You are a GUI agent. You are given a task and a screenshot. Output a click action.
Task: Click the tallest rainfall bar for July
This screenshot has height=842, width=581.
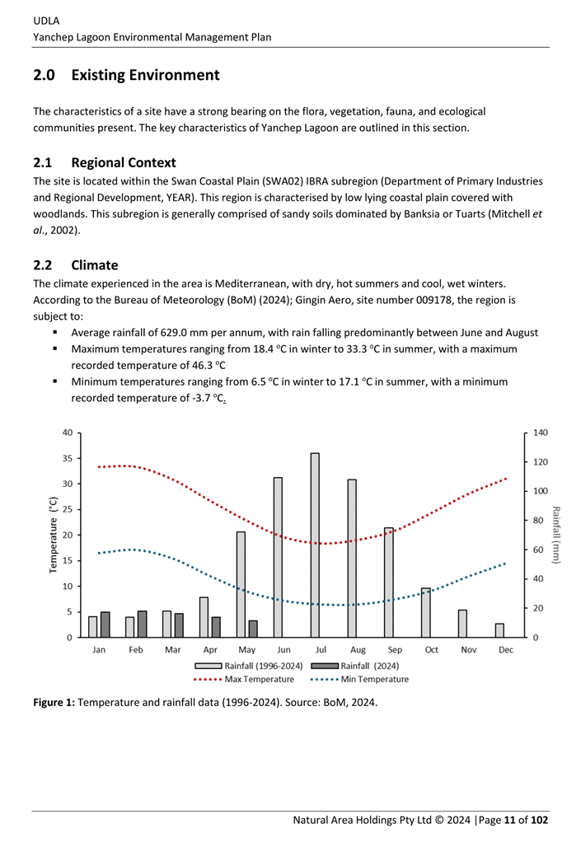pyautogui.click(x=315, y=545)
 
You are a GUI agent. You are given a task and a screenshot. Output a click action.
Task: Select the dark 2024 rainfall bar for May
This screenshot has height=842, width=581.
pyautogui.click(x=253, y=629)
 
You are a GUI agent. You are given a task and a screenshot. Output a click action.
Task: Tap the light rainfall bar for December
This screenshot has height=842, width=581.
pyautogui.click(x=499, y=630)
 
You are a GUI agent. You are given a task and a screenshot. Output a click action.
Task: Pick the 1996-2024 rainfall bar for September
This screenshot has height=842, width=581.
pyautogui.click(x=389, y=582)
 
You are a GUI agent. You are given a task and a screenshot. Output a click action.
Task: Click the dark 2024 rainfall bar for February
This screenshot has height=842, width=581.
pyautogui.click(x=143, y=624)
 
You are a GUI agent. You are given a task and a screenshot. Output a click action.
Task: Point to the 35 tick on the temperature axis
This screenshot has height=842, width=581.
pyautogui.click(x=67, y=459)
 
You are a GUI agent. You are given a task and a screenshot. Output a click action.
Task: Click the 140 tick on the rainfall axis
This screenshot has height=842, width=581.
pyautogui.click(x=541, y=433)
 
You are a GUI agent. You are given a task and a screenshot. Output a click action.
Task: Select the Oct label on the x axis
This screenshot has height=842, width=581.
pyautogui.click(x=432, y=650)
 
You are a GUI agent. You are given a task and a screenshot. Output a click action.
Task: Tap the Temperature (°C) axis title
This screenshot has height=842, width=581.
pyautogui.click(x=54, y=535)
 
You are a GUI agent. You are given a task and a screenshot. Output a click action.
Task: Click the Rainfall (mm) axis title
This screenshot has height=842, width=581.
pyautogui.click(x=556, y=535)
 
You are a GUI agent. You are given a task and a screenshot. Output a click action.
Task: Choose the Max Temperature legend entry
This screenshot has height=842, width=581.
pyautogui.click(x=244, y=680)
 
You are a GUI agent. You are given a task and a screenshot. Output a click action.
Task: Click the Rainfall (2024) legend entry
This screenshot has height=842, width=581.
pyautogui.click(x=355, y=666)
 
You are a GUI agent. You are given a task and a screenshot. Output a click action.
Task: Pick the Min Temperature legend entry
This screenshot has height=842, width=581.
pyautogui.click(x=360, y=680)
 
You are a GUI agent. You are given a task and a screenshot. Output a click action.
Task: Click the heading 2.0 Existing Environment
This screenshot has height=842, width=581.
pyautogui.click(x=126, y=75)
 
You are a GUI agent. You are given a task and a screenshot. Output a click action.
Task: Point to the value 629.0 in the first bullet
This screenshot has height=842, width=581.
pyautogui.click(x=175, y=333)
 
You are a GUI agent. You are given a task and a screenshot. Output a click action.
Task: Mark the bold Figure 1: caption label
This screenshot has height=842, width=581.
pyautogui.click(x=54, y=703)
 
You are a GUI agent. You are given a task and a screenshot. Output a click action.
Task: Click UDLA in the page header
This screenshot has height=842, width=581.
pyautogui.click(x=46, y=21)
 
